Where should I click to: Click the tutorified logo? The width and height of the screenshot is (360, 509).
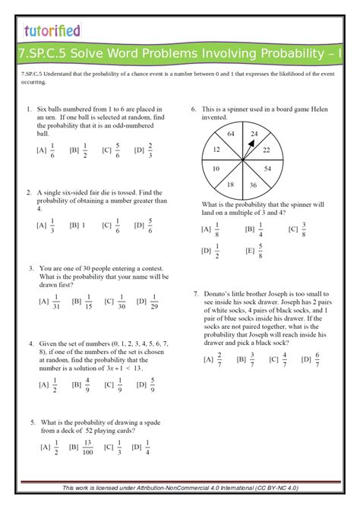click(x=52, y=30)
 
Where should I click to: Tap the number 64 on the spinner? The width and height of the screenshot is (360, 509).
click(x=231, y=134)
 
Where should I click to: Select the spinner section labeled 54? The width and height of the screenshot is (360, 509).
click(x=267, y=168)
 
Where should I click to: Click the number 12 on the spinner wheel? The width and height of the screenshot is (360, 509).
click(x=216, y=150)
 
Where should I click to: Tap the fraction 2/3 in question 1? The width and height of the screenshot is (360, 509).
click(x=150, y=150)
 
